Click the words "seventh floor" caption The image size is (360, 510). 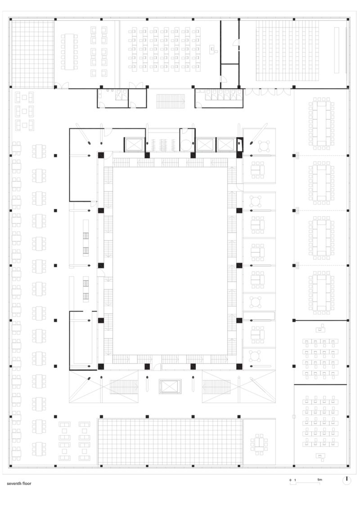(x=19, y=484)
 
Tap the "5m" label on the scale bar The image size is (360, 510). (x=319, y=480)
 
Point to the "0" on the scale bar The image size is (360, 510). (x=290, y=480)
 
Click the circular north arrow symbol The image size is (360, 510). (x=347, y=480)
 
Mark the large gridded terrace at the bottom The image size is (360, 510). (x=170, y=442)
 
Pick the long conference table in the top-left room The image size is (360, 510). (x=69, y=52)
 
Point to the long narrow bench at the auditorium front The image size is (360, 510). (x=337, y=50)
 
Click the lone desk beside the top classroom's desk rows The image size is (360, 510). (x=212, y=49)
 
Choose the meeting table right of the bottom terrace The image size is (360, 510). (x=259, y=443)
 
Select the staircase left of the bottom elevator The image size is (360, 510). (x=124, y=386)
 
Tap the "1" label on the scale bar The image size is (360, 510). (x=295, y=480)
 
